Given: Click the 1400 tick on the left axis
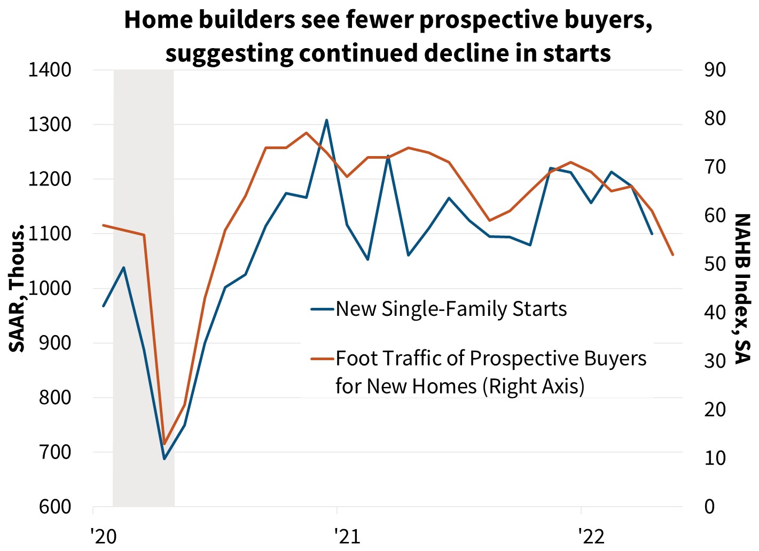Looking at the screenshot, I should [x=49, y=70].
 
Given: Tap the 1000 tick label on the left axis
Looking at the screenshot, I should [x=49, y=289].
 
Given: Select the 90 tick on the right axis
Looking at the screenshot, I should [x=715, y=70].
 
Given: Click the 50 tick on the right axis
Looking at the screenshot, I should [x=715, y=264].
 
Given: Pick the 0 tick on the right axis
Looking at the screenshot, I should [x=709, y=507].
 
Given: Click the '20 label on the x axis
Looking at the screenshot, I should [x=103, y=536].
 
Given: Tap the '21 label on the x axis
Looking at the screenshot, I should [x=347, y=536].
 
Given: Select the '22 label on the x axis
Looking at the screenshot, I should [x=591, y=536].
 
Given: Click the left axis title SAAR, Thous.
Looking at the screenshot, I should [x=18, y=289].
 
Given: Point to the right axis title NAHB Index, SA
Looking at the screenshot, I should [x=742, y=289].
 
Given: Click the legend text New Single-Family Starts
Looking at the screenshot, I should [x=451, y=309].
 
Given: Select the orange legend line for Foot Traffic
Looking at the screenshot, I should [x=323, y=359].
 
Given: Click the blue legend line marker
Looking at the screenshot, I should [x=323, y=309].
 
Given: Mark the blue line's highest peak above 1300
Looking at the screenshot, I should [x=327, y=120].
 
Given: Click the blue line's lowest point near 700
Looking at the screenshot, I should [x=165, y=459].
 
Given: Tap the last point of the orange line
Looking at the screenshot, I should [x=673, y=255].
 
